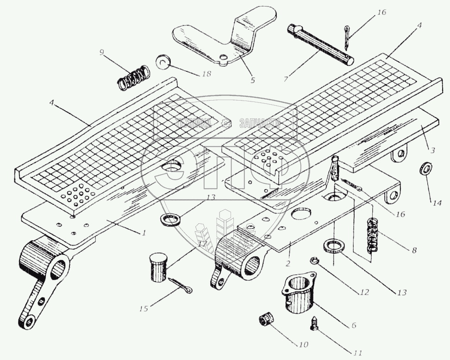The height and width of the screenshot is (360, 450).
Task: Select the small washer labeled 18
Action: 163,61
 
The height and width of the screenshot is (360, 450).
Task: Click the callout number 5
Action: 252,80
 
